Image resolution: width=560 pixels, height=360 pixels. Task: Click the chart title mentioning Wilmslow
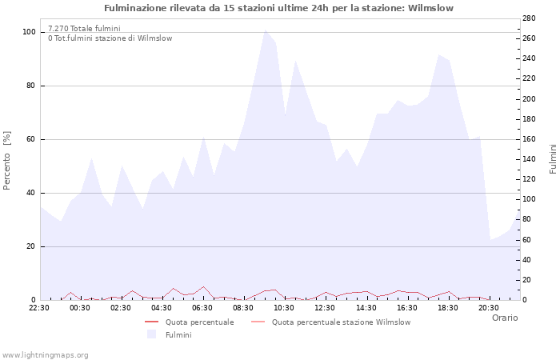278,8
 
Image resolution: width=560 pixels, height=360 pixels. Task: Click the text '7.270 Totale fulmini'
84,28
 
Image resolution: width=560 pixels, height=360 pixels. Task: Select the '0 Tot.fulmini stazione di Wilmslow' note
110,38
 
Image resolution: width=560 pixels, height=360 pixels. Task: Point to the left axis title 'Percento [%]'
7,161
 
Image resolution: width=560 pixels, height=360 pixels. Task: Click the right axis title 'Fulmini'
552,159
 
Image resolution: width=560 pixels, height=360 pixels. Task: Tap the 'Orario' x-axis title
504,318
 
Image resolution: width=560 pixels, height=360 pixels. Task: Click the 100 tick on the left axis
29,32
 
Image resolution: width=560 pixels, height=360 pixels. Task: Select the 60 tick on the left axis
30,139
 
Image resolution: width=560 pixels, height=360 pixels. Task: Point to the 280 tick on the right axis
529,18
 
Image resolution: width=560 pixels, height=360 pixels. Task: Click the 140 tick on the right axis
529,159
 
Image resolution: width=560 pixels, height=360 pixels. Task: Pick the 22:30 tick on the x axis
39,307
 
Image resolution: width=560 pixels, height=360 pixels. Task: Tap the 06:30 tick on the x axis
202,307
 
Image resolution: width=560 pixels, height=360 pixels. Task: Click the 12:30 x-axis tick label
325,307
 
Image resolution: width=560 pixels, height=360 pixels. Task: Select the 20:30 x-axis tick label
488,307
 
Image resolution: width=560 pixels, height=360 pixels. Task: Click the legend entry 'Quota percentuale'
199,322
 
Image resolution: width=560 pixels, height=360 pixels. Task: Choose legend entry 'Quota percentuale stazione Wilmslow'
341,322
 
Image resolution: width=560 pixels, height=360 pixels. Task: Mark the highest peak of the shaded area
266,30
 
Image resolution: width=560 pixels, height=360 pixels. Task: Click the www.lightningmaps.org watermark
46,354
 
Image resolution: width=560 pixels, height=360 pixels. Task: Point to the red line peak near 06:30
203,286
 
